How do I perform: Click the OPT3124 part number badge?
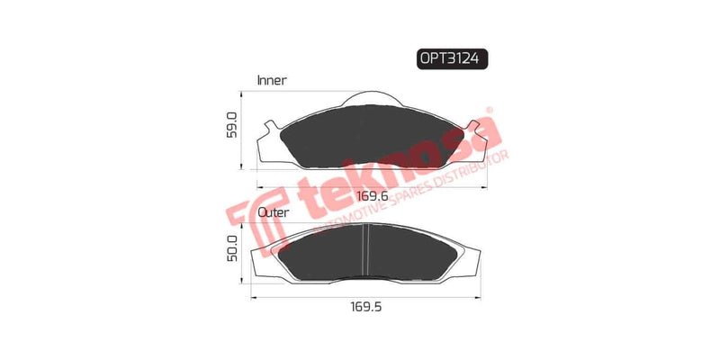452,59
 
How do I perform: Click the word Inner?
272,80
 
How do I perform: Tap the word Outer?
273,212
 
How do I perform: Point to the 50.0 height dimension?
231,249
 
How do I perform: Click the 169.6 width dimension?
370,195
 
